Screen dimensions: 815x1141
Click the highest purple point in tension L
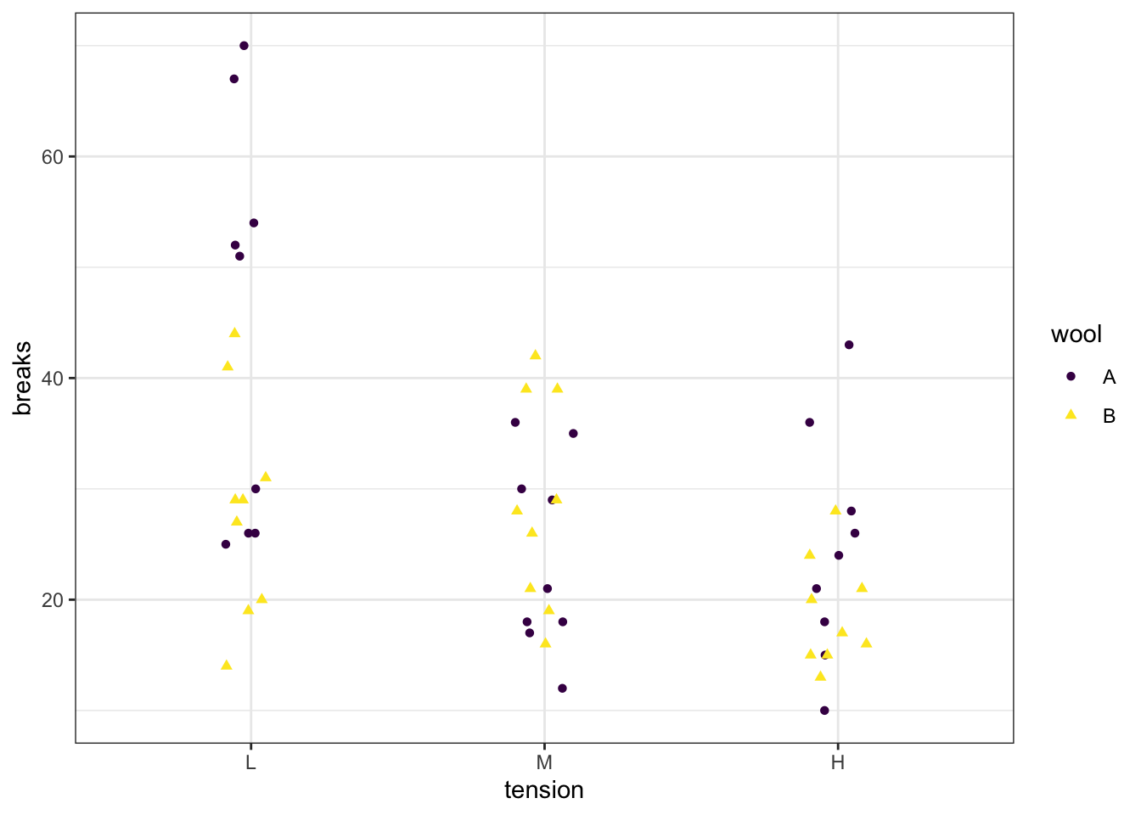pyautogui.click(x=244, y=46)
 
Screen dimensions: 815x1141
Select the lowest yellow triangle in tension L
pyautogui.click(x=227, y=665)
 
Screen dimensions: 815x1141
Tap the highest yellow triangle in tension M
pyautogui.click(x=535, y=355)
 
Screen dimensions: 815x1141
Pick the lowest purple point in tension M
pyautogui.click(x=562, y=689)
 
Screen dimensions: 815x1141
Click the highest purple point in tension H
pyautogui.click(x=849, y=345)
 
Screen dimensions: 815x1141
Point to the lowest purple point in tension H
pyautogui.click(x=824, y=711)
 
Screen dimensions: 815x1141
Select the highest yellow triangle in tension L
pyautogui.click(x=234, y=333)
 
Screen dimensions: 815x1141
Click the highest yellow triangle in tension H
pyautogui.click(x=835, y=510)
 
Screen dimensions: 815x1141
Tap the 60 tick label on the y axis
pyautogui.click(x=53, y=157)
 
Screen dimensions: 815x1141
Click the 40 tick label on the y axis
pyautogui.click(x=53, y=379)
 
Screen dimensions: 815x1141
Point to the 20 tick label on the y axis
pyautogui.click(x=53, y=600)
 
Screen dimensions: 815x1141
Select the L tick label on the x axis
pyautogui.click(x=250, y=762)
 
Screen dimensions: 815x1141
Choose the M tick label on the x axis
pyautogui.click(x=544, y=762)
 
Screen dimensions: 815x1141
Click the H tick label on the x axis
pyautogui.click(x=838, y=762)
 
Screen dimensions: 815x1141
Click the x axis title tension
pyautogui.click(x=544, y=790)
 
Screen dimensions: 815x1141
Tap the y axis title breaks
pyautogui.click(x=22, y=379)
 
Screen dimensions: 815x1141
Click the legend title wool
pyautogui.click(x=1076, y=334)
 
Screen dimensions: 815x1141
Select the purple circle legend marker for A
pyautogui.click(x=1071, y=376)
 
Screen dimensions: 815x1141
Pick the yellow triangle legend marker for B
pyautogui.click(x=1071, y=415)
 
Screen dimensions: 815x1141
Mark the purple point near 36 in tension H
pyautogui.click(x=810, y=423)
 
